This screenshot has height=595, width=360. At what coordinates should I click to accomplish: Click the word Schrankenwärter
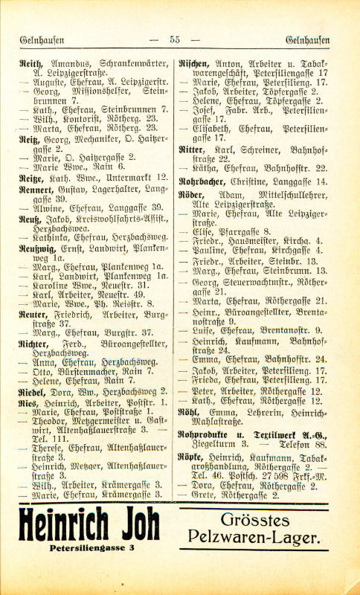pyautogui.click(x=125, y=65)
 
